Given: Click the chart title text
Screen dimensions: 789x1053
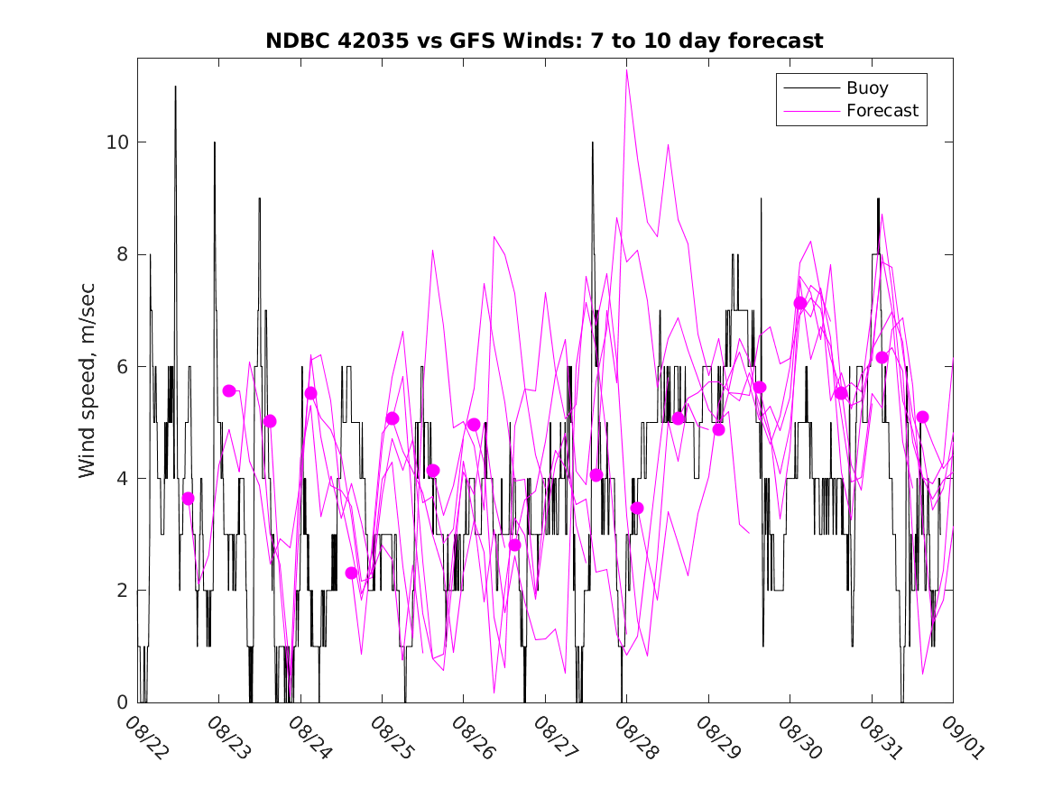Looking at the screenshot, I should tap(544, 41).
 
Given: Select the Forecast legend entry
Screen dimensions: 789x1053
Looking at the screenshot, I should tap(882, 111).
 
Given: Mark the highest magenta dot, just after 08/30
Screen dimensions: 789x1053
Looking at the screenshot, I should tap(799, 303).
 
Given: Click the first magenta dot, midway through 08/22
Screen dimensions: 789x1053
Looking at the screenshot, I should tap(188, 499).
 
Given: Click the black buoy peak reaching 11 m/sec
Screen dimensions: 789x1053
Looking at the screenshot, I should tap(175, 87).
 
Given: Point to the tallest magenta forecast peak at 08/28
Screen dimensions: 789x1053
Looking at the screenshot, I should tap(626, 70).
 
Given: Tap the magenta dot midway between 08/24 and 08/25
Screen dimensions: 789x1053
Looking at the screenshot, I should tap(351, 573).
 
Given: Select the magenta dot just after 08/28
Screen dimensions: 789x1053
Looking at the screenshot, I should tap(637, 508).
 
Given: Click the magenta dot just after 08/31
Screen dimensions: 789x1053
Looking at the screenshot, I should tap(882, 358).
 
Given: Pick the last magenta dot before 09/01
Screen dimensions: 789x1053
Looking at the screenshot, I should tap(922, 417).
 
